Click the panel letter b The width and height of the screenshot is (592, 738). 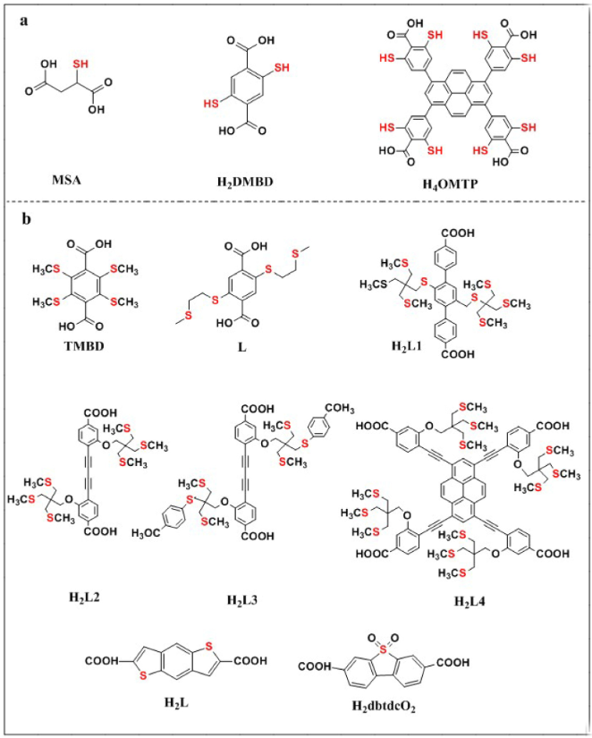tap(26, 218)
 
